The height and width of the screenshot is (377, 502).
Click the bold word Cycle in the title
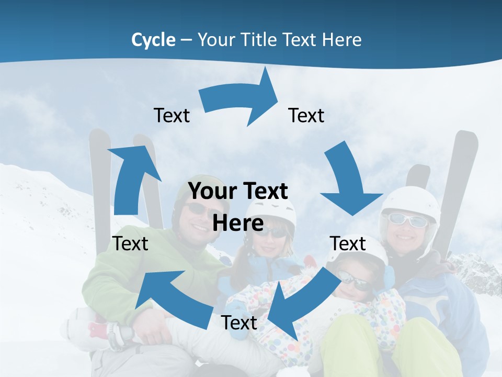point(153,40)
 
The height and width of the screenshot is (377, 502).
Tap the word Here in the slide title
point(343,40)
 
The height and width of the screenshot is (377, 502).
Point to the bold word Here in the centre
point(238,224)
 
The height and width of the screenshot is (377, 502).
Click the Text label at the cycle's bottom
point(239,323)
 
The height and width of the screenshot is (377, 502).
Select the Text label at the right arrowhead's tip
point(306,116)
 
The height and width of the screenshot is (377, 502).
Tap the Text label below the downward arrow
point(348,243)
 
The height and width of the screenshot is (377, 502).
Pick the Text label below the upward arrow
point(130,243)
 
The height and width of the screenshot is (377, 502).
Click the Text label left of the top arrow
point(172,116)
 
